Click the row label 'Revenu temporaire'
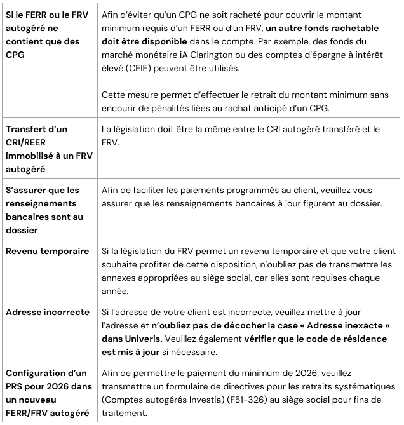point(47,251)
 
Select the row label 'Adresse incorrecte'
point(48,313)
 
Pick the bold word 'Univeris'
point(138,339)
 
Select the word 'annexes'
point(121,277)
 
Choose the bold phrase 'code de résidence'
point(346,339)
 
